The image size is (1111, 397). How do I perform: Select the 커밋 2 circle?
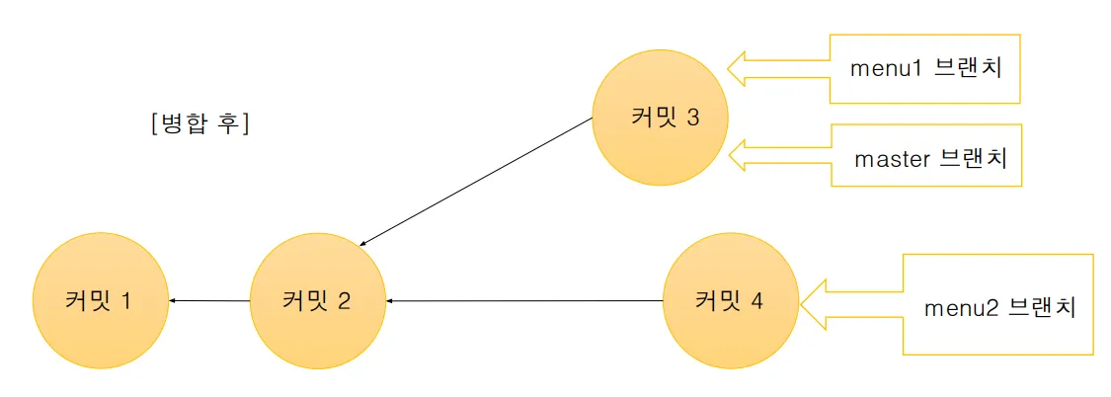point(317,300)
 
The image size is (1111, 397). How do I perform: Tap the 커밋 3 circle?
point(661,118)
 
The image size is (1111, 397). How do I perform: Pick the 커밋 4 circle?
point(729,300)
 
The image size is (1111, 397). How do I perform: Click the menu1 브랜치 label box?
point(923,69)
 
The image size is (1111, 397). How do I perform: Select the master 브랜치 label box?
point(925,156)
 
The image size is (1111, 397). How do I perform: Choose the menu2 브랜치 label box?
point(997,305)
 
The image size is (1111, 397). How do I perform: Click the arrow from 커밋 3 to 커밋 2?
point(476,181)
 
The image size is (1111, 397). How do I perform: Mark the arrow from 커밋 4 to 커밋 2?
point(523,300)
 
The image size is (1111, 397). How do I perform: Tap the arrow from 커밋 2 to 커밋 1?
point(208,300)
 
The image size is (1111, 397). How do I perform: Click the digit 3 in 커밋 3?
point(692,118)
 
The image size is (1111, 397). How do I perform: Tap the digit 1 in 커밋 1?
point(125,300)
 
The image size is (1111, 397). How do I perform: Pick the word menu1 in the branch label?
point(883,69)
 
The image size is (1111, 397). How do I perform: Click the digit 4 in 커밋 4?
point(756,300)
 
